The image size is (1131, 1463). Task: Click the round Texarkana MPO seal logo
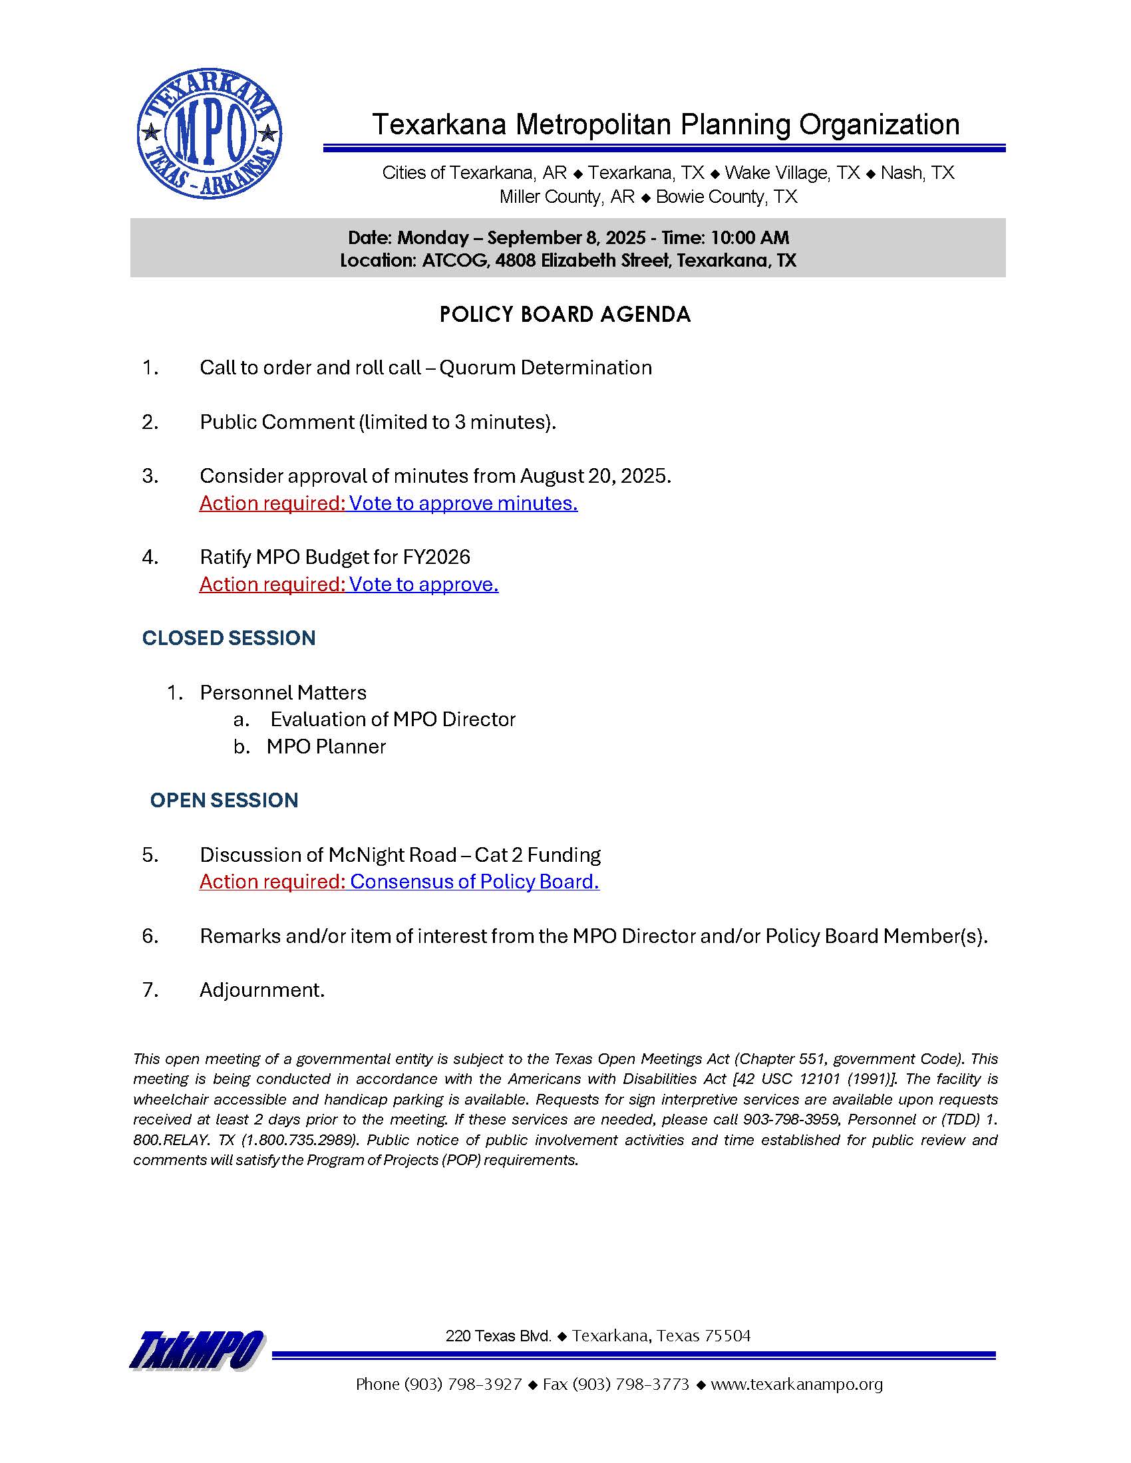(209, 133)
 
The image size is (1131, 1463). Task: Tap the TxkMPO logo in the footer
(198, 1350)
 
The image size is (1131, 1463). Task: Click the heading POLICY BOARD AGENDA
(564, 315)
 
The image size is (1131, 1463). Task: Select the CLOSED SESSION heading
(228, 638)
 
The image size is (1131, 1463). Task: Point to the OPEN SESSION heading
(224, 800)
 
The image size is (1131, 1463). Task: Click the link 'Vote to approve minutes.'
(463, 503)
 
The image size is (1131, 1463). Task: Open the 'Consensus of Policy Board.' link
(474, 882)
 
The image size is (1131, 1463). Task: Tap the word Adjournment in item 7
(262, 990)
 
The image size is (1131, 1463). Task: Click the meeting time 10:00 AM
(750, 238)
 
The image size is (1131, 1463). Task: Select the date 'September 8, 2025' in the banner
(566, 238)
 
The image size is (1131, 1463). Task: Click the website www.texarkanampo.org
(796, 1384)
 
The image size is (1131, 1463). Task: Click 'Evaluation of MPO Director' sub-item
(393, 720)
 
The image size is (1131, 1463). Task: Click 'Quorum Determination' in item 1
(546, 368)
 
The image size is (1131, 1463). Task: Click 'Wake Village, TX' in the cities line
(792, 173)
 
